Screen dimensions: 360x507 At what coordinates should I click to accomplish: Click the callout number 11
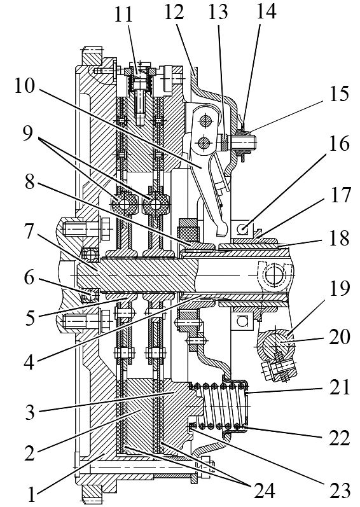(123, 15)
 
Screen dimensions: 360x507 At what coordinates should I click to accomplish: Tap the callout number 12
(174, 12)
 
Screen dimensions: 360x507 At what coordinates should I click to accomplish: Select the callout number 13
(218, 12)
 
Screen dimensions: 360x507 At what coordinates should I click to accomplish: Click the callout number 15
(339, 94)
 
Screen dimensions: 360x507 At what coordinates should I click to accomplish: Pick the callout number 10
(24, 87)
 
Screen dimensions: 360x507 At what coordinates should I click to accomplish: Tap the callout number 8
(30, 183)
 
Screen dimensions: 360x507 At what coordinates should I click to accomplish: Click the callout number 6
(30, 277)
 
